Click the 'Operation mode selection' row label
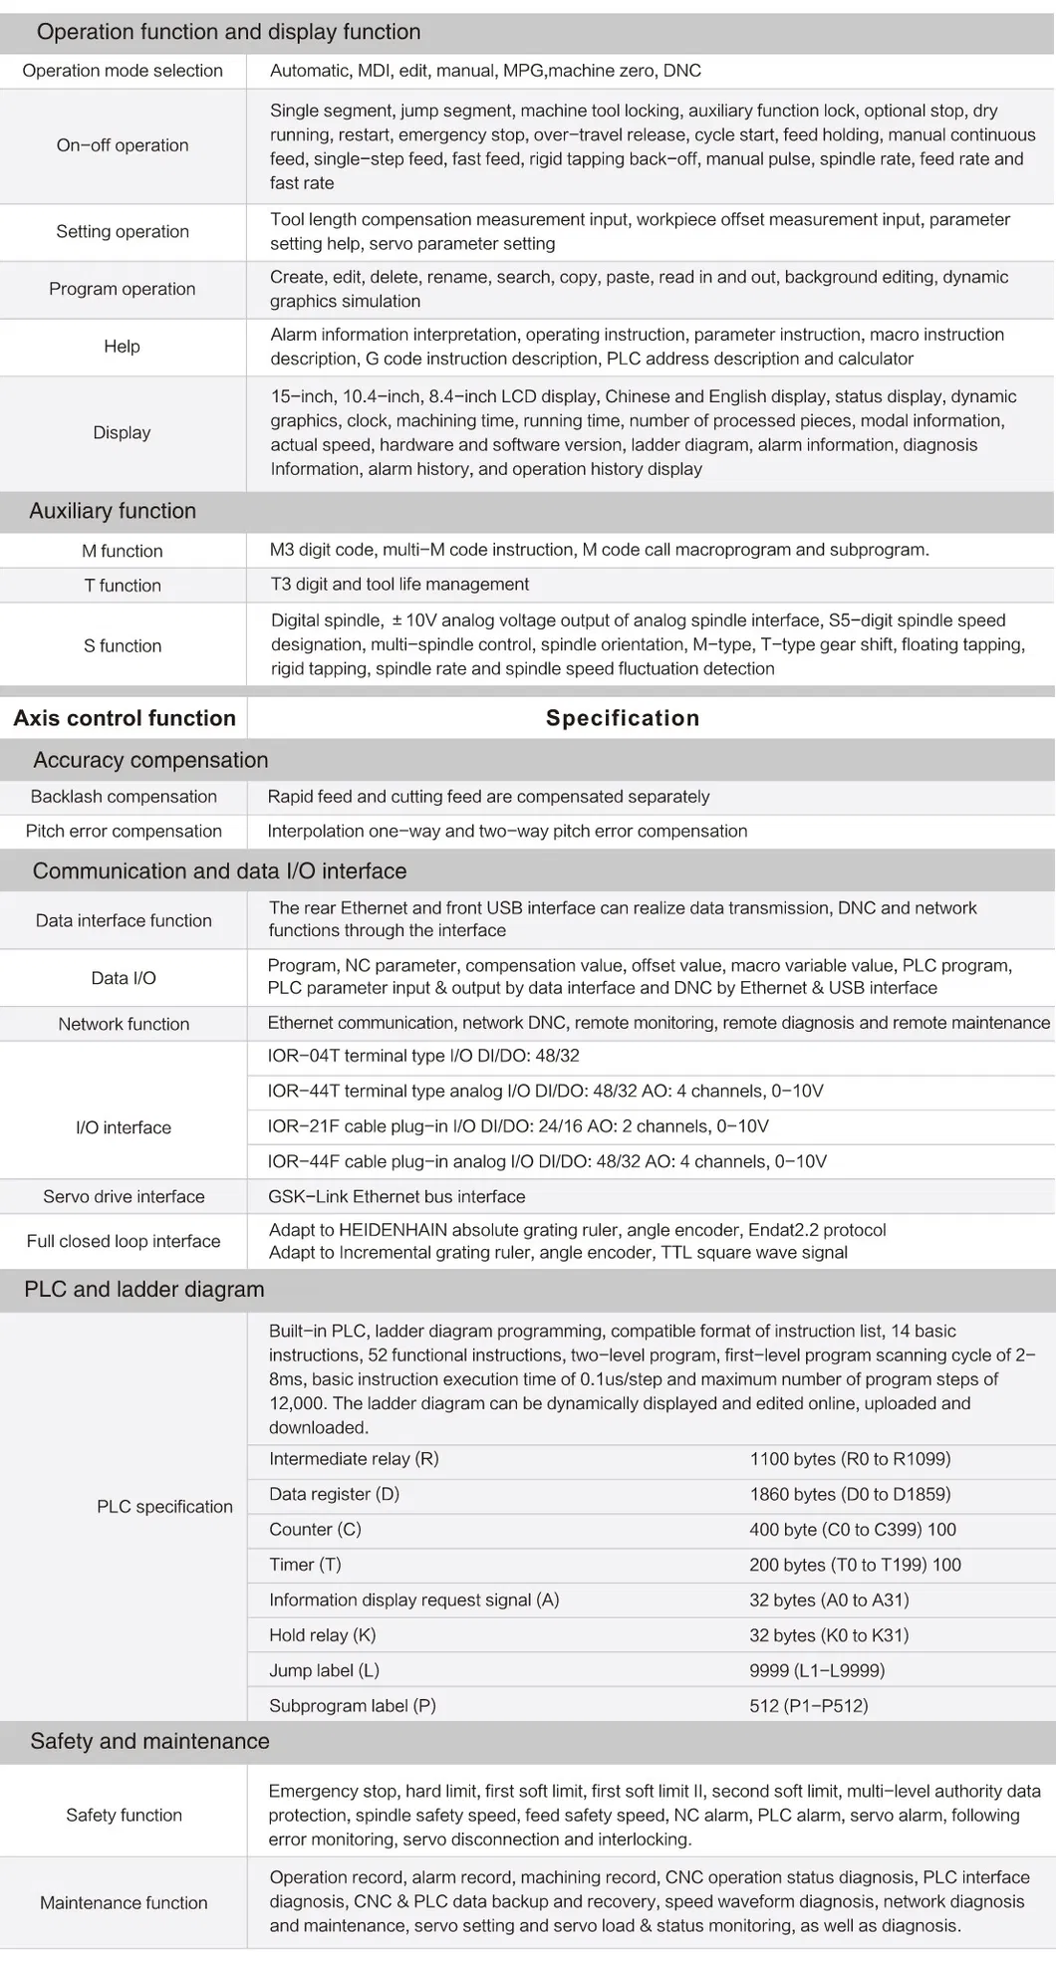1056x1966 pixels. click(123, 71)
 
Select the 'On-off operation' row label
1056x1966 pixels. click(123, 145)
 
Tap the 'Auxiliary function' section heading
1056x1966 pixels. click(113, 511)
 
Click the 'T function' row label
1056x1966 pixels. click(123, 586)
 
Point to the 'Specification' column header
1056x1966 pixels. click(623, 718)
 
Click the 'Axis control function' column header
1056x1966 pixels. click(125, 718)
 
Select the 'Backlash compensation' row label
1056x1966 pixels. click(124, 797)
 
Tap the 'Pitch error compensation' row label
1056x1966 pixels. click(124, 831)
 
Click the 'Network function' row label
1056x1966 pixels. click(124, 1024)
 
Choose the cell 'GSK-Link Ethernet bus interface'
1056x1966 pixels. click(396, 1196)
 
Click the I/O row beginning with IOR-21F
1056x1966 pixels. click(518, 1126)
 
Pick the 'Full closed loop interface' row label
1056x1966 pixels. click(124, 1241)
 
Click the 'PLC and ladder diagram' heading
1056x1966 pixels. click(144, 1289)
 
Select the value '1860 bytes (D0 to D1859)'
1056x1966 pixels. click(850, 1494)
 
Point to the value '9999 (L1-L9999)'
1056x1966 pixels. click(817, 1670)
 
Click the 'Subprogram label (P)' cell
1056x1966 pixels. click(353, 1705)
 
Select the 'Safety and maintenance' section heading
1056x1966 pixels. click(149, 1741)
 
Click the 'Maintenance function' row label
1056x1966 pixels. click(124, 1902)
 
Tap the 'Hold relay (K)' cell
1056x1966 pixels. click(322, 1634)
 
